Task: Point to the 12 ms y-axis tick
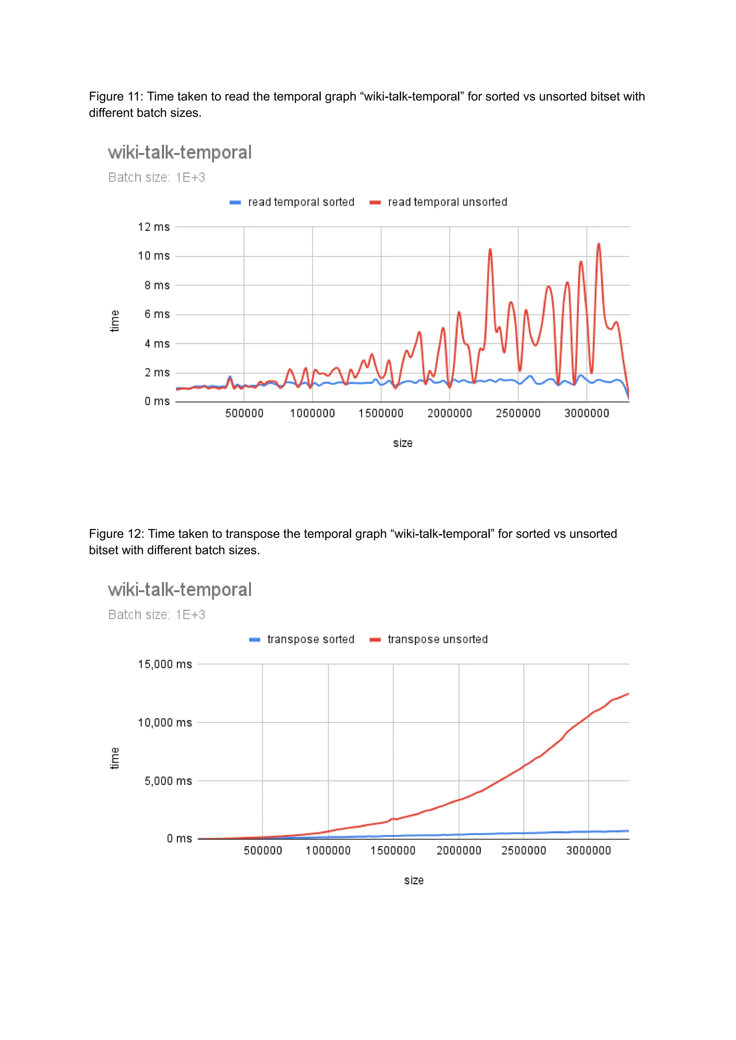coord(154,227)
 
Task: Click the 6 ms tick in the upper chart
coord(157,314)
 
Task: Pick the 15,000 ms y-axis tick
coord(165,664)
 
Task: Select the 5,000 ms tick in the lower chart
coord(168,781)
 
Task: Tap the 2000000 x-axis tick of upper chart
coord(450,413)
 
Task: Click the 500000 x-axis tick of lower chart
coord(263,851)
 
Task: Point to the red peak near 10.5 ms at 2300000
coord(490,249)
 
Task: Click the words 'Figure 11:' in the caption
coord(116,97)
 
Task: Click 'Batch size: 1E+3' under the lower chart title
coord(156,615)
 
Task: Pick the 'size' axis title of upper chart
coord(402,443)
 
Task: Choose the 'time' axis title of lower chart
coord(115,758)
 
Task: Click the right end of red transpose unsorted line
coord(628,694)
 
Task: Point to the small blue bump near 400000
coord(230,377)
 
